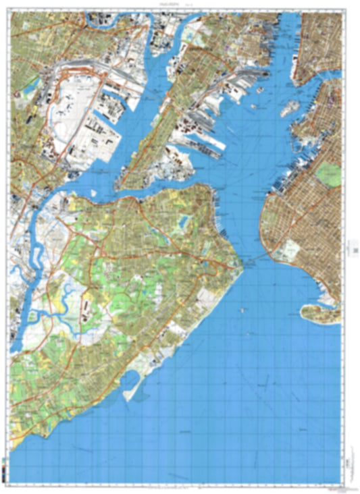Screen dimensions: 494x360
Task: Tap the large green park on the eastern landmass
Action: [330, 175]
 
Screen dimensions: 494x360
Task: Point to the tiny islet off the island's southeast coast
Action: [242, 310]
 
